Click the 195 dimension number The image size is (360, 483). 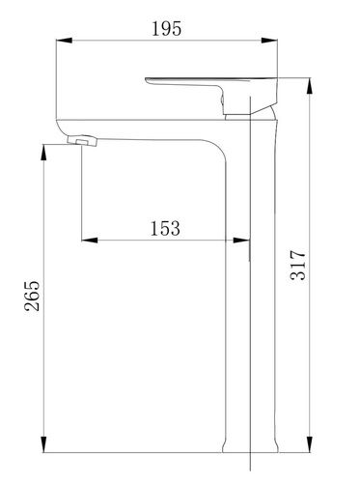[x=166, y=28]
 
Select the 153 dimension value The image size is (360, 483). [x=165, y=228]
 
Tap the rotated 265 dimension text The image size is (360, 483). [x=32, y=296]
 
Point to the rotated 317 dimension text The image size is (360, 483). [x=298, y=265]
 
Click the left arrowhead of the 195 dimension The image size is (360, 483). [x=64, y=41]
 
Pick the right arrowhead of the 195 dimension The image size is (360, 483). [x=269, y=41]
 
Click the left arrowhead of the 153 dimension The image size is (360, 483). [x=90, y=240]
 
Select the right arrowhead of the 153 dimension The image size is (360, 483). [x=241, y=240]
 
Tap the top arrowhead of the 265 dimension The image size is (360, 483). [x=43, y=153]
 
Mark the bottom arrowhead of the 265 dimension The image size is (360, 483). [x=43, y=444]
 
